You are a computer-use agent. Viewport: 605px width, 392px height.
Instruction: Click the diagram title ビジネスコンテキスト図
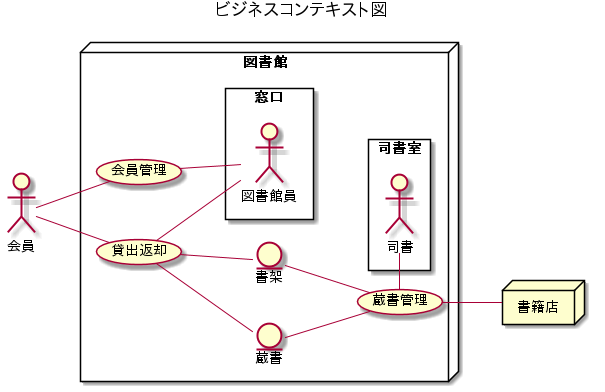click(301, 10)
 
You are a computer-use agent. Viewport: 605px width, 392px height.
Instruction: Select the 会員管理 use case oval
click(139, 170)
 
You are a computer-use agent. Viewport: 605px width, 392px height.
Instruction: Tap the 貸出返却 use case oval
click(139, 250)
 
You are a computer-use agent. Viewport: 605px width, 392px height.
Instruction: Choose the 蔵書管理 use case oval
click(399, 300)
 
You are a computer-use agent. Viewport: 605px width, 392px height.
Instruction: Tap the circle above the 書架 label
click(268, 254)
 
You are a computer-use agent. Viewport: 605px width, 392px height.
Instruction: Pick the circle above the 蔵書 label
click(268, 334)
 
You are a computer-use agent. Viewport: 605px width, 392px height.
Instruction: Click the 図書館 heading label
click(265, 62)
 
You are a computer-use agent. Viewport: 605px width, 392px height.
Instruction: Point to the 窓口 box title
click(269, 98)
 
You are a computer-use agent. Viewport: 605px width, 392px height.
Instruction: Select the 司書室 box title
click(399, 149)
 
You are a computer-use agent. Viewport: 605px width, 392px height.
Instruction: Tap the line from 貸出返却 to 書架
click(219, 257)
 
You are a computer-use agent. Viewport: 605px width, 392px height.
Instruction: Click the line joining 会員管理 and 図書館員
click(211, 166)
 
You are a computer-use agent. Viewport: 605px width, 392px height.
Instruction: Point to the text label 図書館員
click(268, 195)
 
